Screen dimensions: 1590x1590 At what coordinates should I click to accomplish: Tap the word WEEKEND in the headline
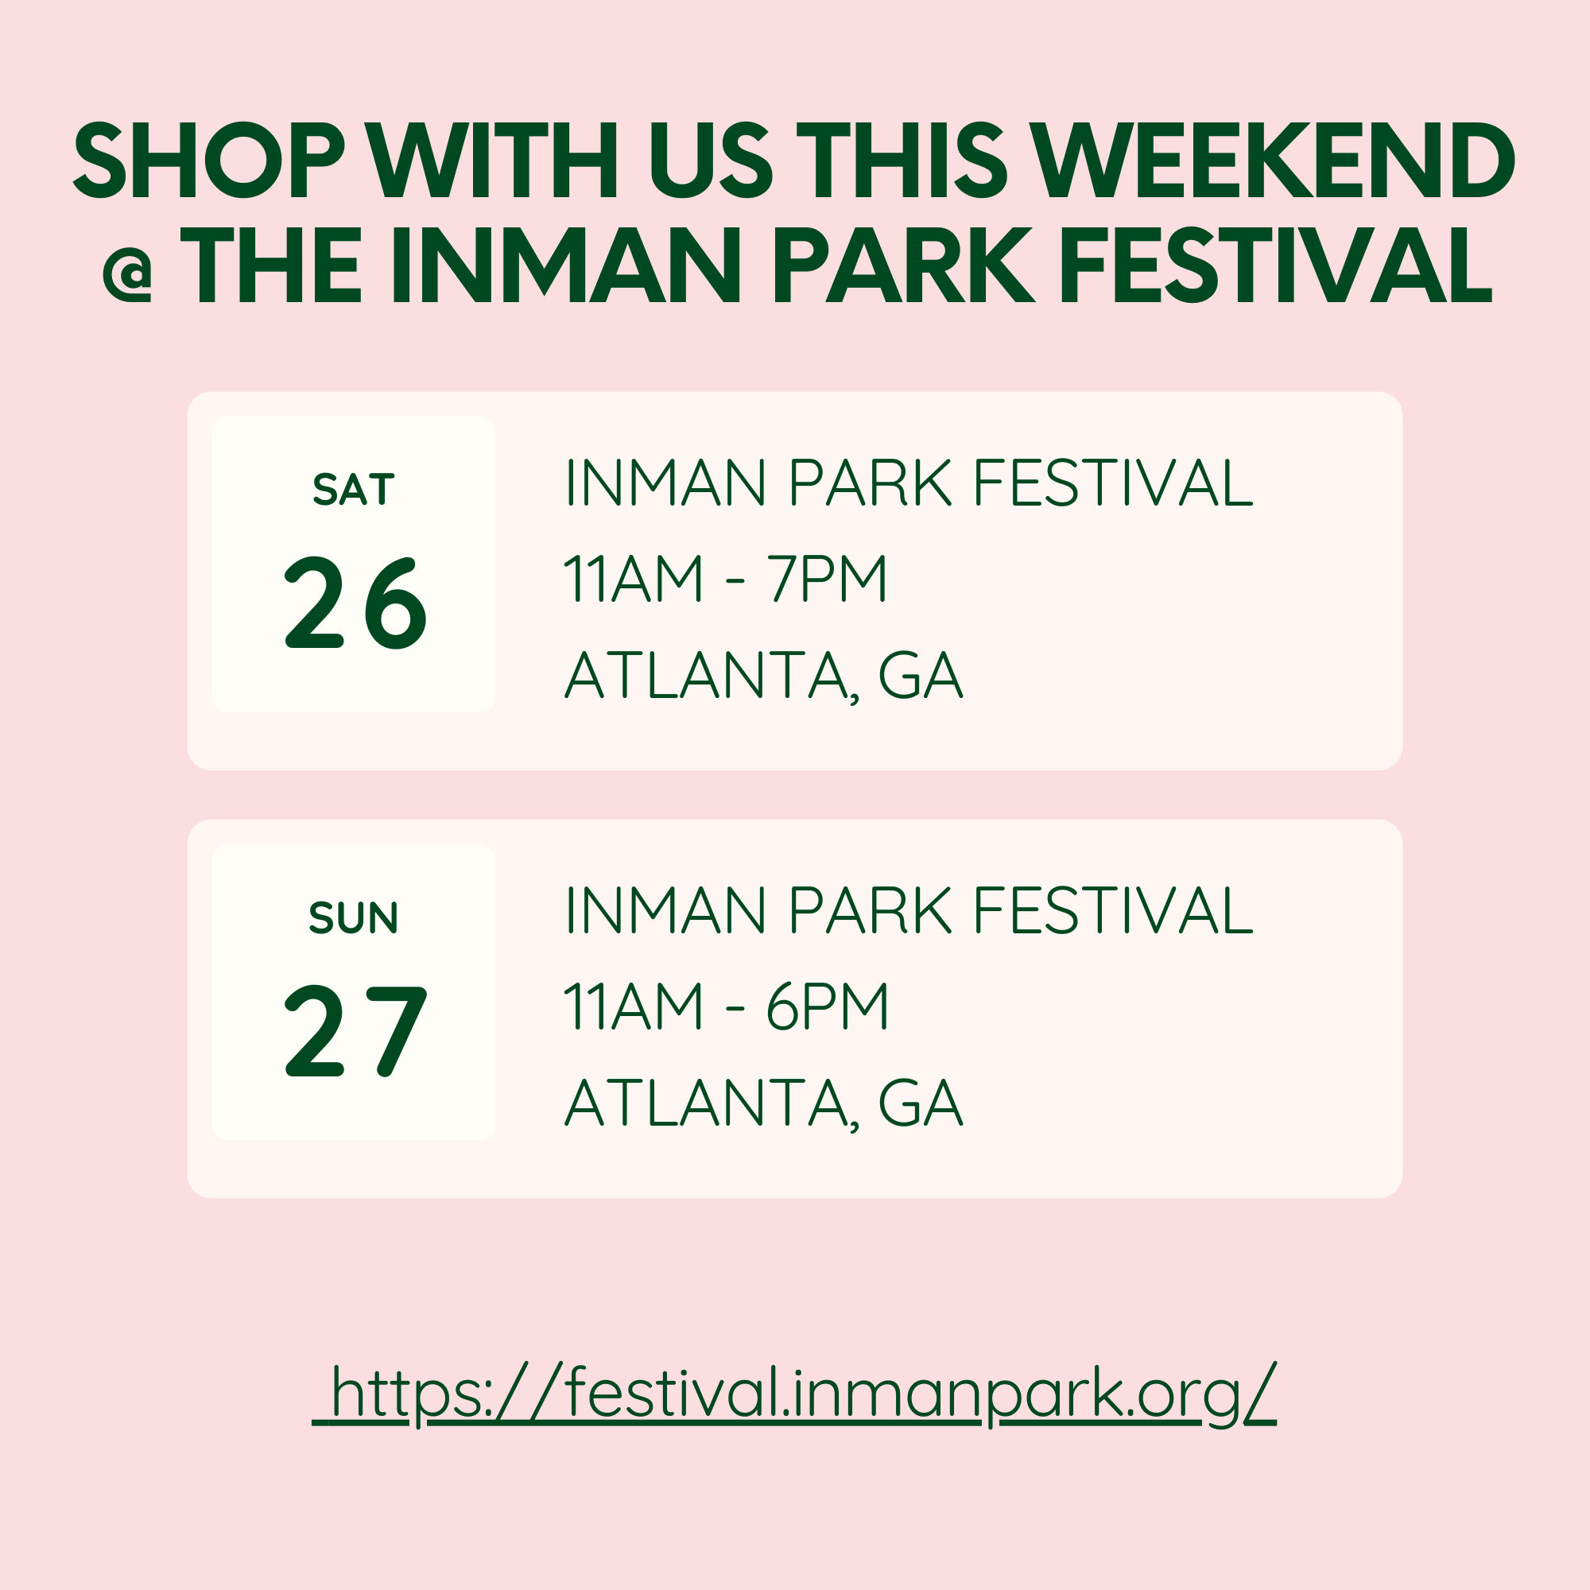pyautogui.click(x=1273, y=161)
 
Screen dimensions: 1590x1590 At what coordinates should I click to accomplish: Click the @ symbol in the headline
pyautogui.click(x=127, y=273)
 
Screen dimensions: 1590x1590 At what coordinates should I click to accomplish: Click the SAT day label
pyautogui.click(x=354, y=489)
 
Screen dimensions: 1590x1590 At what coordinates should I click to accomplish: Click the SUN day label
pyautogui.click(x=354, y=917)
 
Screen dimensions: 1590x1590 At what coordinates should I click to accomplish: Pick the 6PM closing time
pyautogui.click(x=827, y=1006)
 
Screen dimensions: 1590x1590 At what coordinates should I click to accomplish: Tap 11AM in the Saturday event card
pyautogui.click(x=634, y=579)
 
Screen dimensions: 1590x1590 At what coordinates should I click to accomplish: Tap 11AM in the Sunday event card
pyautogui.click(x=634, y=1006)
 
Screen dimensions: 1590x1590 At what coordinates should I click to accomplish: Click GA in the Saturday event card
pyautogui.click(x=920, y=676)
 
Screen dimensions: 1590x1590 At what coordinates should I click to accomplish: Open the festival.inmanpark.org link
pyautogui.click(x=795, y=1394)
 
